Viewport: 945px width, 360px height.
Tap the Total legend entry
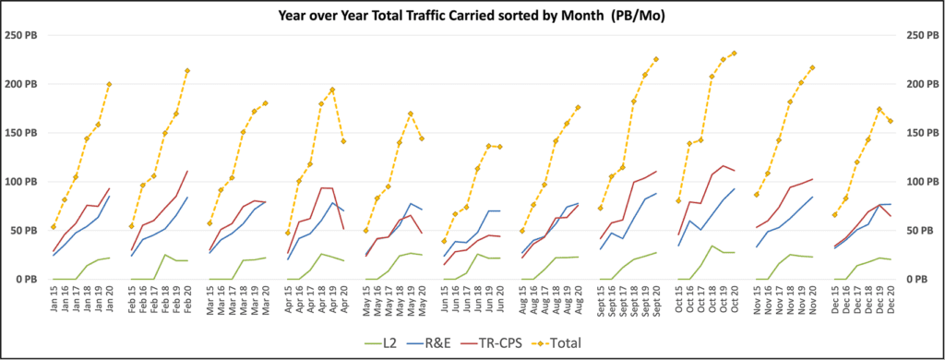click(x=612, y=342)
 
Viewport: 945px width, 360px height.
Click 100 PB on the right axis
click(x=918, y=181)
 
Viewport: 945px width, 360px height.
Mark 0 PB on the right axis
click(x=915, y=279)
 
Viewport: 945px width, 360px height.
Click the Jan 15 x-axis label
click(x=52, y=301)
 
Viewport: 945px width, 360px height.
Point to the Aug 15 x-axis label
click(x=522, y=301)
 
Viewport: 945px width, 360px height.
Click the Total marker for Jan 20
click(x=109, y=84)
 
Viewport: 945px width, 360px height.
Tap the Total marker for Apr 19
click(x=332, y=90)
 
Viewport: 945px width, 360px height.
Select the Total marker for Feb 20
click(x=187, y=70)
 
